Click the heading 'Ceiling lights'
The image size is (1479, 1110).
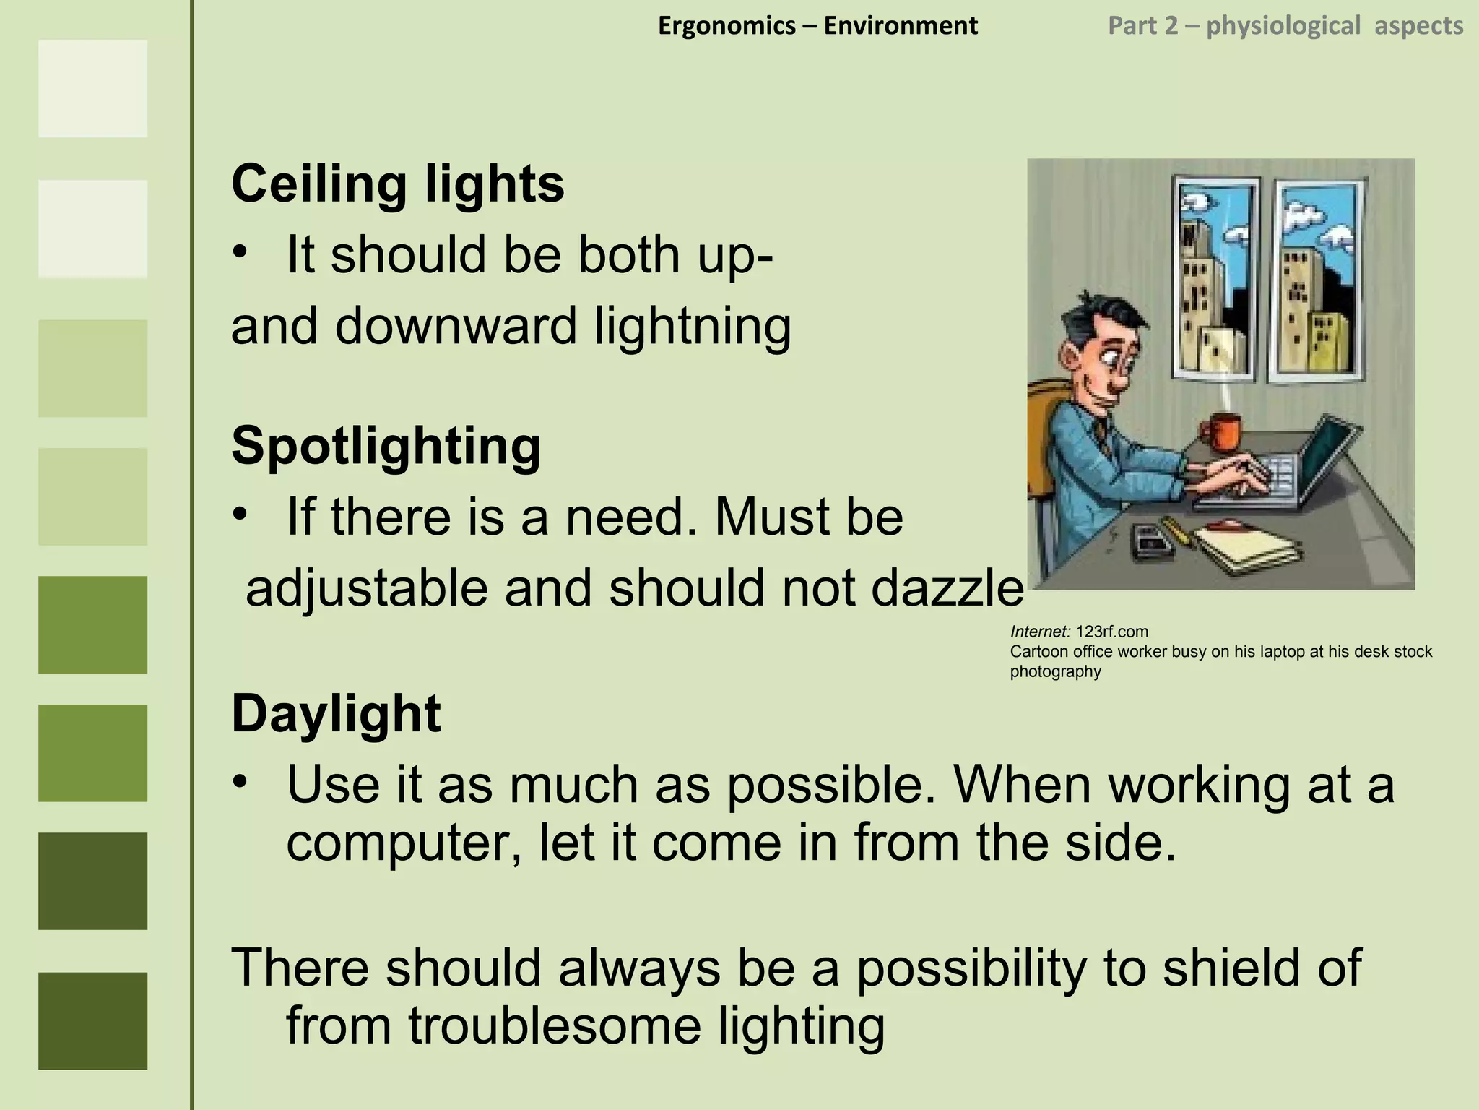pyautogui.click(x=397, y=184)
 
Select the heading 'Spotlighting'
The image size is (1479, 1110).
pyautogui.click(x=386, y=446)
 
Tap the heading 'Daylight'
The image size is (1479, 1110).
pyautogui.click(x=336, y=714)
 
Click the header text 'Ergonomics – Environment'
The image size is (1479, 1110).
pyautogui.click(x=817, y=26)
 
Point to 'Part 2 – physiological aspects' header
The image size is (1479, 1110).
pyautogui.click(x=1285, y=26)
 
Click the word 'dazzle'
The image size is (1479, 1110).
pyautogui.click(x=947, y=588)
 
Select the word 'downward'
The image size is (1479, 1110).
pyautogui.click(x=456, y=326)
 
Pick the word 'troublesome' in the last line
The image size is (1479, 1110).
pyautogui.click(x=555, y=1025)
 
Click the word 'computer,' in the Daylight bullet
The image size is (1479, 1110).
pyautogui.click(x=404, y=843)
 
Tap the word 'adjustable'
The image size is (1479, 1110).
pyautogui.click(x=367, y=588)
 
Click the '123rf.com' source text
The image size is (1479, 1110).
pyautogui.click(x=1111, y=632)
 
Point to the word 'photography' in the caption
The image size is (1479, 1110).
pyautogui.click(x=1055, y=671)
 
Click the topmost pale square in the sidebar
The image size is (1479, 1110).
pyautogui.click(x=92, y=88)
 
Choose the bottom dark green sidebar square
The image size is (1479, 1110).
pyautogui.click(x=92, y=1020)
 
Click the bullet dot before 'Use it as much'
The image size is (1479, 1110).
pyautogui.click(x=240, y=782)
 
